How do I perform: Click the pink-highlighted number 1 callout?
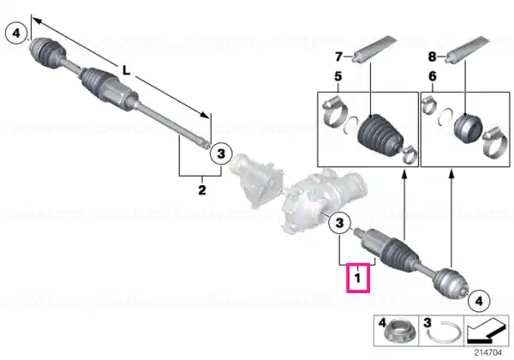click(x=358, y=278)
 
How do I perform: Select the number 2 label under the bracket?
click(x=202, y=189)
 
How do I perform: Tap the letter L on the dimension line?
click(x=127, y=70)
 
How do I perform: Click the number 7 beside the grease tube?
click(x=338, y=57)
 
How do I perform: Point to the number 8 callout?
click(x=432, y=57)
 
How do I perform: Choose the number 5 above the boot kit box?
click(x=338, y=76)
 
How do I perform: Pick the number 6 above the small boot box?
click(x=433, y=76)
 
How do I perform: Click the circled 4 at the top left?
click(x=16, y=33)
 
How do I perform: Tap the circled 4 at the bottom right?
click(x=479, y=301)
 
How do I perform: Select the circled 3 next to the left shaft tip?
click(x=221, y=153)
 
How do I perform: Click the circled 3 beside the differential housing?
click(x=340, y=223)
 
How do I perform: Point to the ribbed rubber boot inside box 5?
click(x=380, y=135)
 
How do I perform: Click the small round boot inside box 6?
click(x=468, y=128)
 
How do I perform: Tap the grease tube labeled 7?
click(x=374, y=49)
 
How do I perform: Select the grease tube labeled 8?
click(x=467, y=49)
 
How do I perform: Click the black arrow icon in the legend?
click(x=487, y=332)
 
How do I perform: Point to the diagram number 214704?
click(x=488, y=352)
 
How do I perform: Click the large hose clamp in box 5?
click(x=335, y=112)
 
